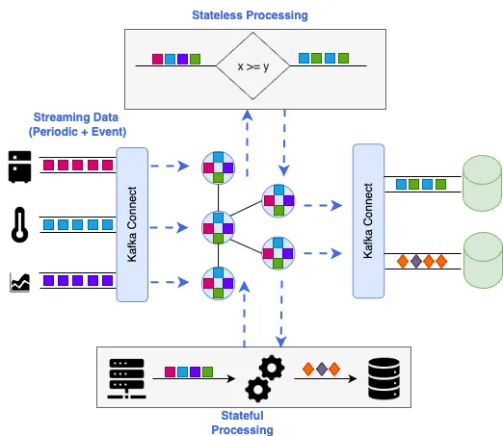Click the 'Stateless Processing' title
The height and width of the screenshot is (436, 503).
tap(250, 15)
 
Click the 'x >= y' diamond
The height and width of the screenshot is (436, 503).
tap(252, 66)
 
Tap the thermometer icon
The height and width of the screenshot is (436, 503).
tap(19, 224)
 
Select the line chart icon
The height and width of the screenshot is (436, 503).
tap(19, 282)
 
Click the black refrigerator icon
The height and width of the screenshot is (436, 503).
tap(19, 167)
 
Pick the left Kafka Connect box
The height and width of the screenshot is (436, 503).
tap(132, 224)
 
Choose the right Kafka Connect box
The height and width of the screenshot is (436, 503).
tap(368, 221)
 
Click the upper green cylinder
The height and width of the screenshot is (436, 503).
tap(483, 183)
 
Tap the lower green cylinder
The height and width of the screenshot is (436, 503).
tap(483, 260)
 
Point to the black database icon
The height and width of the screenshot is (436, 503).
tap(384, 378)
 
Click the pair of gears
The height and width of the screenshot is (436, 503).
tap(265, 378)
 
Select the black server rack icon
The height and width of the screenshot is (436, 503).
tap(126, 378)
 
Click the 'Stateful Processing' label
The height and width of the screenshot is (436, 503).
tap(242, 423)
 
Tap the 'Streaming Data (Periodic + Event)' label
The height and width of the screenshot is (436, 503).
tap(77, 124)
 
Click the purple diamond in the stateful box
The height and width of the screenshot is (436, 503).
tap(322, 369)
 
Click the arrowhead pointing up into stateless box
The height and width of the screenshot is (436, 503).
tap(247, 115)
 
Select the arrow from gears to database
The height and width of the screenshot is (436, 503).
tap(326, 379)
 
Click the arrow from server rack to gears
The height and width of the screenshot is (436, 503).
tap(194, 379)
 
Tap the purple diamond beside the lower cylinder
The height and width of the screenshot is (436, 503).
tap(416, 261)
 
